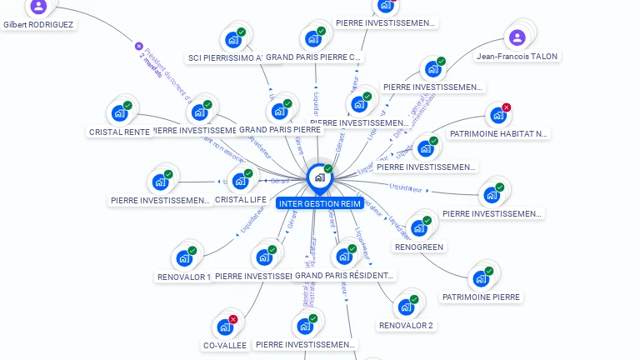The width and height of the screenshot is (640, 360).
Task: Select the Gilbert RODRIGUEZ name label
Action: [x=38, y=25]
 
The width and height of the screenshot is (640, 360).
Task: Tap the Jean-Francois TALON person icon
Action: [x=517, y=37]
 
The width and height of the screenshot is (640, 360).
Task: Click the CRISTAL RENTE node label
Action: [x=119, y=132]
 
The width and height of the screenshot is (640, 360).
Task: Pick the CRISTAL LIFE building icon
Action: [x=240, y=180]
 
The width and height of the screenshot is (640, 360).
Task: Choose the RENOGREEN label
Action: [x=419, y=247]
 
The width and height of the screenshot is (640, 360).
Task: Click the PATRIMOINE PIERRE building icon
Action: [x=481, y=278]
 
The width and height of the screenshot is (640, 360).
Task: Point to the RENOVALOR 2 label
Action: [x=406, y=325]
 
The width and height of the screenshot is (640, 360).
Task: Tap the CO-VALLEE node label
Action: [x=225, y=345]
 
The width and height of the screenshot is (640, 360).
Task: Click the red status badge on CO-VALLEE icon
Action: [x=233, y=319]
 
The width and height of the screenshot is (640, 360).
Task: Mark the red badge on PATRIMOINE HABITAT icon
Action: [x=506, y=107]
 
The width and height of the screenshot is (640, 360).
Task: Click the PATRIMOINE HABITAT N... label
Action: [x=499, y=133]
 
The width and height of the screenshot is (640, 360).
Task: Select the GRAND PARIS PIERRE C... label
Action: [x=314, y=57]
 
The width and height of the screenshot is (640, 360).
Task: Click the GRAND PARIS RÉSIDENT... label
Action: [x=345, y=275]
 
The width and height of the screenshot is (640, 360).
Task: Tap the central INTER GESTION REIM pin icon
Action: [x=317, y=177]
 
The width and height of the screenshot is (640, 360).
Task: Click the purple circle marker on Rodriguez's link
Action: [x=139, y=47]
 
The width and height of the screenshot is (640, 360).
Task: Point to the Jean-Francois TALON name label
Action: [x=517, y=57]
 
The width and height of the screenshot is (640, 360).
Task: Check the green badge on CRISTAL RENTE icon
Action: [x=127, y=105]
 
